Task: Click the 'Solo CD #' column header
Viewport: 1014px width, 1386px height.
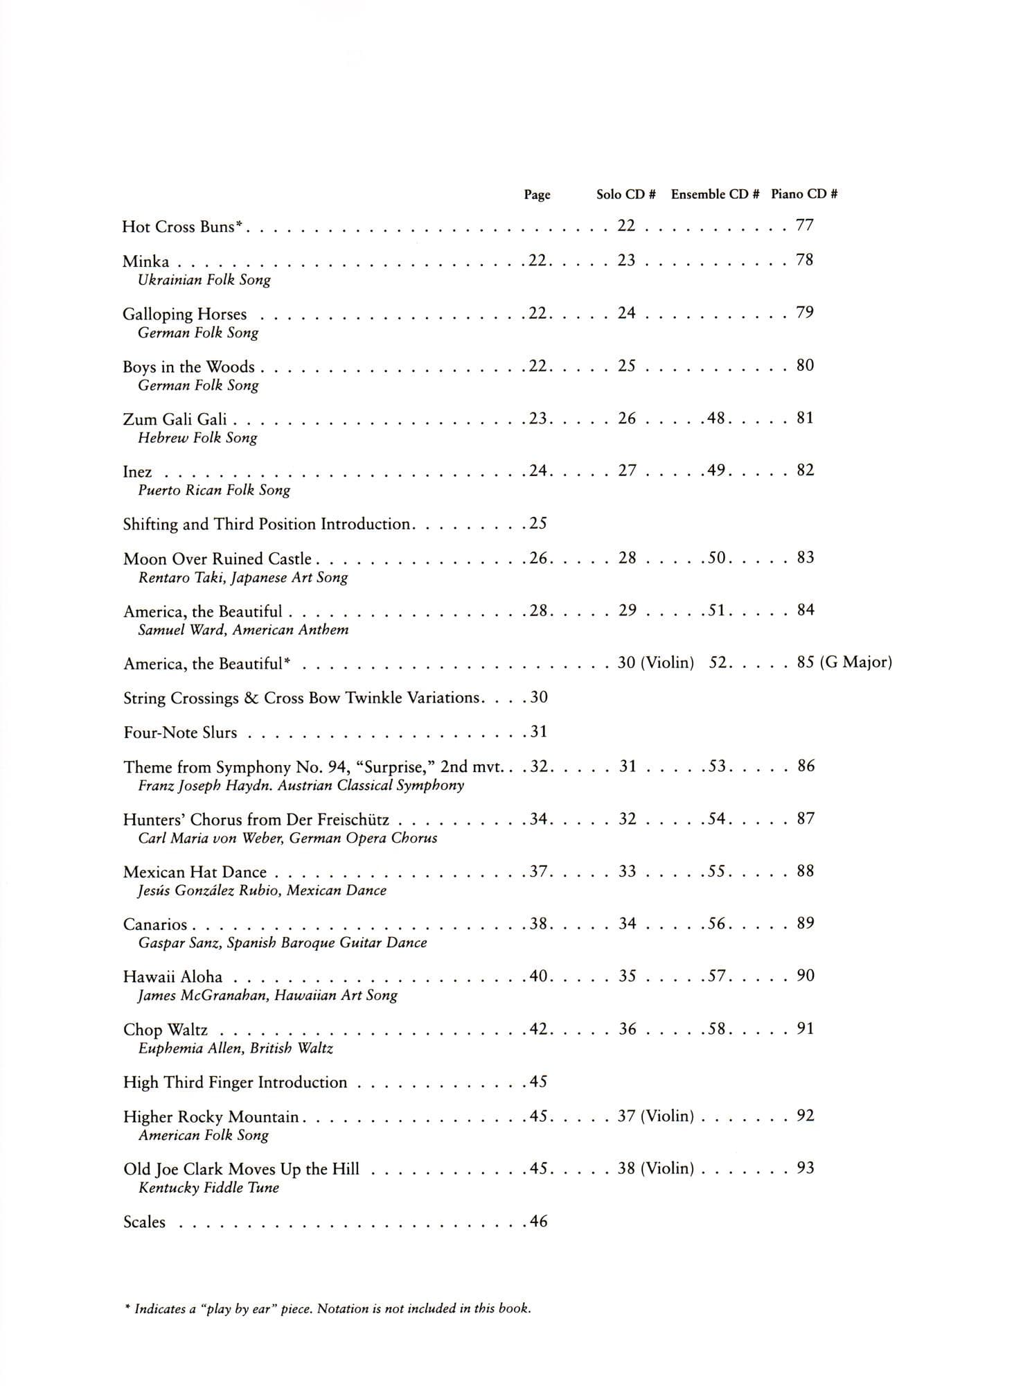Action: [625, 195]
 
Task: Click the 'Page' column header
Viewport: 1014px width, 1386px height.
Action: [537, 195]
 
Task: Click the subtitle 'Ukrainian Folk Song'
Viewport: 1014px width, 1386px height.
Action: [204, 280]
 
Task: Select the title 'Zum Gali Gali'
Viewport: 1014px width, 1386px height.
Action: [175, 419]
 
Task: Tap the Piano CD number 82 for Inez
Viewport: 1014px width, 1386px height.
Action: [805, 471]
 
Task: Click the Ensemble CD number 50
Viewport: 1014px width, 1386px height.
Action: [716, 558]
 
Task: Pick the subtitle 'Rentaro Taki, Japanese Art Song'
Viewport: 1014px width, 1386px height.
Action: [242, 577]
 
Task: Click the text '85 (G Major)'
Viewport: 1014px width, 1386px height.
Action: [844, 663]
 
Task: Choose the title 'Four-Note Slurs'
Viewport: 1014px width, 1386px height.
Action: [180, 733]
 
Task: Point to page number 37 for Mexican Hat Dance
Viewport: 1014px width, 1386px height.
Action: [539, 871]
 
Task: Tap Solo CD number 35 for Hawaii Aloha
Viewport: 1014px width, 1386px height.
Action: [627, 976]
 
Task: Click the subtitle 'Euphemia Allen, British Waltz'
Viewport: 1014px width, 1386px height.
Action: [235, 1048]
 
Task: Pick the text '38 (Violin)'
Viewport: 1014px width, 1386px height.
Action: [655, 1168]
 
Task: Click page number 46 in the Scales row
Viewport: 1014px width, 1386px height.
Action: [538, 1222]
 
